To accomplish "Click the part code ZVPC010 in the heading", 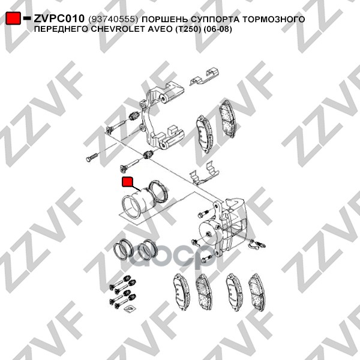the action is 59,19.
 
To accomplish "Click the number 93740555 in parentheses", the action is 113,19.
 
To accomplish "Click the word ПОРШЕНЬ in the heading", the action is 164,19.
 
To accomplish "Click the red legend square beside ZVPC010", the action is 13,18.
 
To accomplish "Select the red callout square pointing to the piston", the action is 127,181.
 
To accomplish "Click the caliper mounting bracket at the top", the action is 161,116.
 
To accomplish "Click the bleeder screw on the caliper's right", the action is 257,244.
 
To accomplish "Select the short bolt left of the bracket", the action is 92,157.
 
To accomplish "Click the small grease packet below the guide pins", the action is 129,308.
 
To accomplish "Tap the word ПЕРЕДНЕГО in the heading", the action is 62,29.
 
